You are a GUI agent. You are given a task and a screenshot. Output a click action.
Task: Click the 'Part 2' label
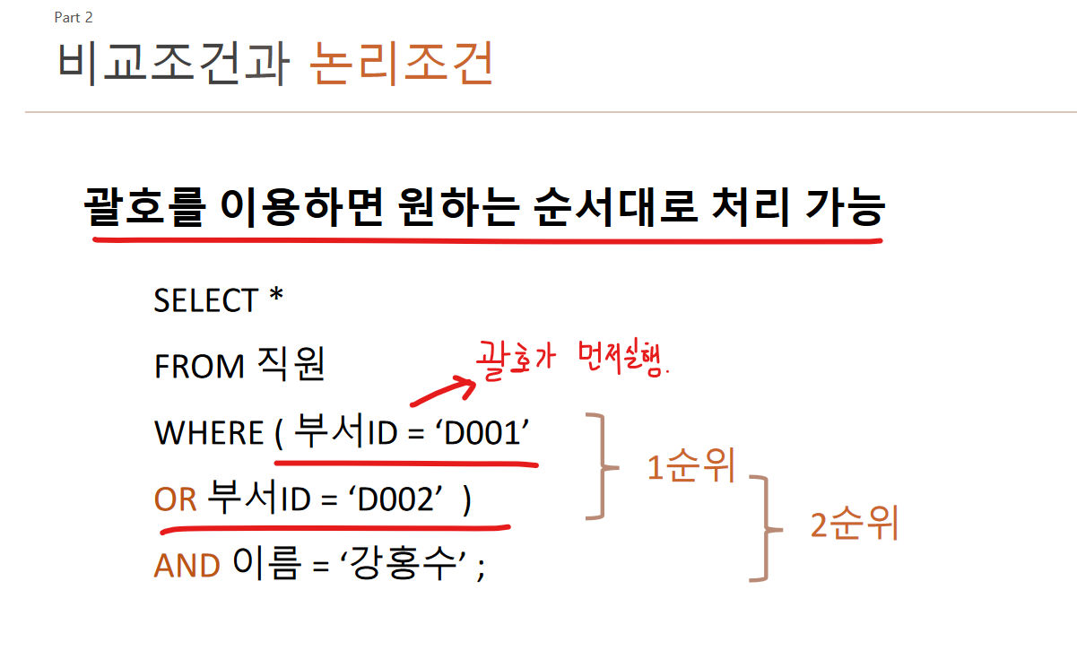coord(74,18)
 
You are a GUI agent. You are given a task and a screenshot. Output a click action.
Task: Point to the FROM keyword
coord(199,367)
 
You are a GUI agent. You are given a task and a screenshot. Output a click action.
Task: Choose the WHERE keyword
coord(209,433)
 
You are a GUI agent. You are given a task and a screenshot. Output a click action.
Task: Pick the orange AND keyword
coord(187,566)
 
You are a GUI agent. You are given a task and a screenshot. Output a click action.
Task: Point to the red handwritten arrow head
coord(465,386)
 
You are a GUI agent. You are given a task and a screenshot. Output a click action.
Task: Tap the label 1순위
coord(690,467)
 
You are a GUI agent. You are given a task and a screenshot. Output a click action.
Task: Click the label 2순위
coord(854,525)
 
